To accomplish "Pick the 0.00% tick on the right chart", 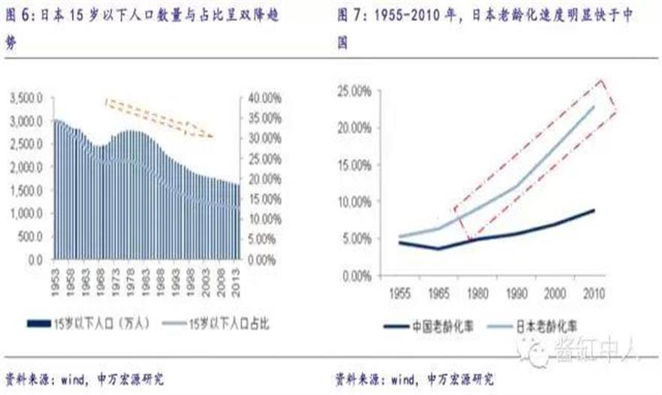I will [359, 276].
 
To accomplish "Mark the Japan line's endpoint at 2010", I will [594, 106].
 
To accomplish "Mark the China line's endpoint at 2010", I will [594, 210].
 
